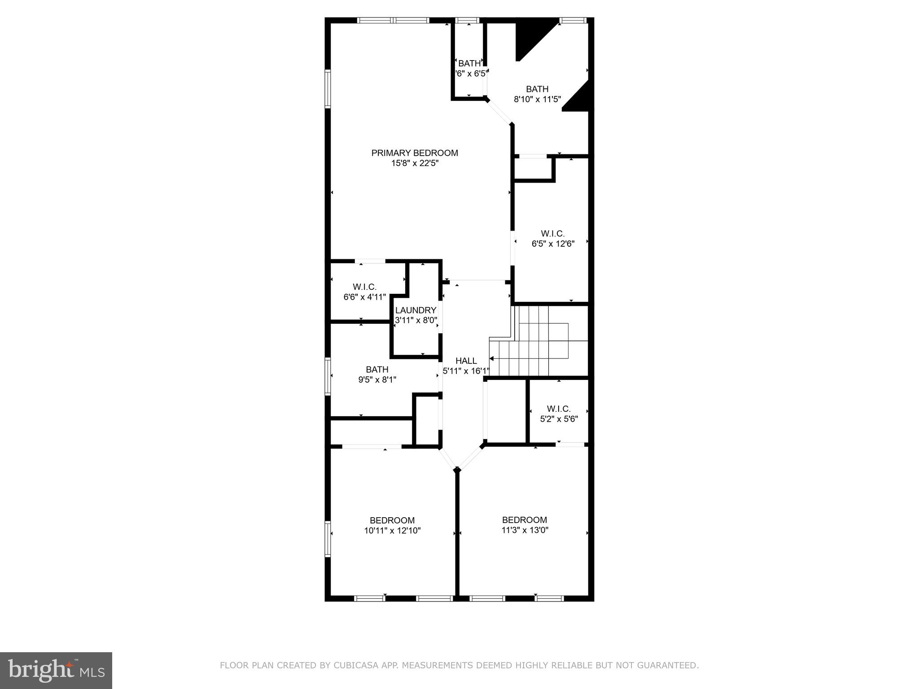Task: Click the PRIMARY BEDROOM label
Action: pos(415,153)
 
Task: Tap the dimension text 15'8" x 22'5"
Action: pos(415,163)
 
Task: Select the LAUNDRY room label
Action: pos(416,310)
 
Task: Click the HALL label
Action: pos(466,361)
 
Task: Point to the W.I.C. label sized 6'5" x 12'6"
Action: pos(552,233)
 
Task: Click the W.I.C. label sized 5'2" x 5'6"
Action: pos(558,409)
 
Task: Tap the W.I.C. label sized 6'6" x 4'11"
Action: pos(364,287)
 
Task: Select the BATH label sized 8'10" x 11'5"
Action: pos(537,89)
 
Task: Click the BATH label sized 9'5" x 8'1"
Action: pos(377,369)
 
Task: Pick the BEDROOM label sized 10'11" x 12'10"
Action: pos(392,520)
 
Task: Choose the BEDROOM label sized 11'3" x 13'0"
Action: pos(524,520)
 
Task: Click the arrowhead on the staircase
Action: pos(492,359)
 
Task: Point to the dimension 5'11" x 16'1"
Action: pos(466,371)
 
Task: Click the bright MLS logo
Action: pos(56,670)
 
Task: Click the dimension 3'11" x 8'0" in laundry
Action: pos(416,320)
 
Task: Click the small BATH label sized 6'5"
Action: pos(469,63)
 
